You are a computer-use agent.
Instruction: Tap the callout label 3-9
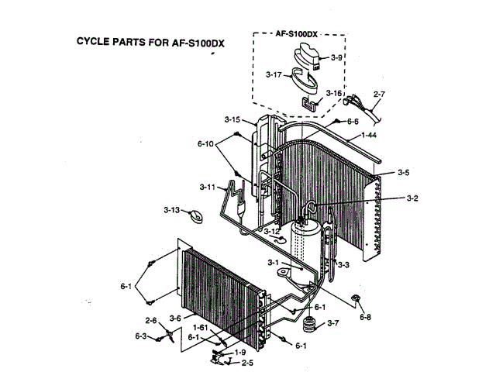coord(336,57)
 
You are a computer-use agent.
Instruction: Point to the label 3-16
coord(335,93)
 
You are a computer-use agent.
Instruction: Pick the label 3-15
coord(232,119)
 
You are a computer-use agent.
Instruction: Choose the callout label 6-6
coord(352,122)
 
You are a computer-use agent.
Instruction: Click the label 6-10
coord(205,144)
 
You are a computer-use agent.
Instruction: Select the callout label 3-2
coord(412,198)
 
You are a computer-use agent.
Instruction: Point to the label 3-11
coord(206,187)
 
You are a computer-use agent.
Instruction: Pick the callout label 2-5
coord(247,363)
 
